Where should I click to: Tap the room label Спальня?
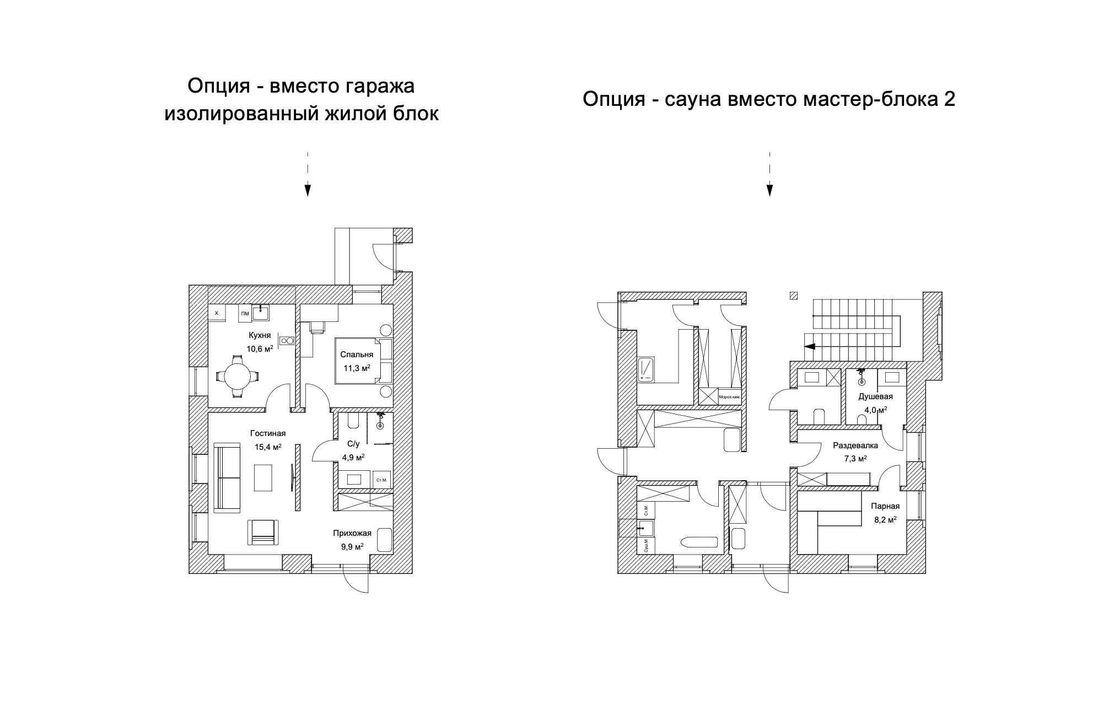(357, 354)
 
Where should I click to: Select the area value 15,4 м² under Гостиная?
(268, 447)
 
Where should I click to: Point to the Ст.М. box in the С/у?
(382, 480)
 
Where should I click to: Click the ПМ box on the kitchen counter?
(245, 314)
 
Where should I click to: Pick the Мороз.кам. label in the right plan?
(729, 397)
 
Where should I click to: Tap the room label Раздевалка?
(855, 445)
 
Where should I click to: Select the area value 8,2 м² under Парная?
(885, 519)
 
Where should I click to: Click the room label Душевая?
(875, 396)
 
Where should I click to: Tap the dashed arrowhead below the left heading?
(308, 190)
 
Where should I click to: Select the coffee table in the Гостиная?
(263, 477)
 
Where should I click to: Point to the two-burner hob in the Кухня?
(287, 341)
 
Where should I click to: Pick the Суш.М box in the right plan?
(645, 545)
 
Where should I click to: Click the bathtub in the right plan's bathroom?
(699, 542)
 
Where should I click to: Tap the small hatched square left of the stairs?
(794, 295)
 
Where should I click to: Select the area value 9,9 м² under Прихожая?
(352, 547)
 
